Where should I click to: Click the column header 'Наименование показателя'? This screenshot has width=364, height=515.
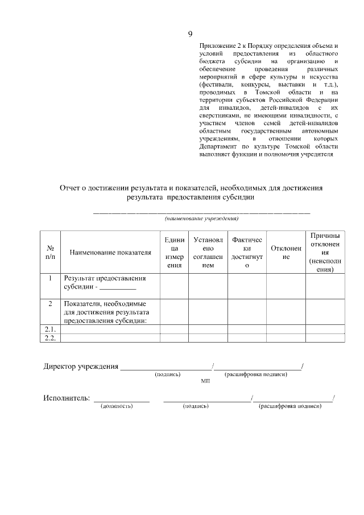coord(110,252)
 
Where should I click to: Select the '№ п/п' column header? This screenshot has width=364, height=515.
coord(50,252)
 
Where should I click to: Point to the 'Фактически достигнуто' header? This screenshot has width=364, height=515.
coord(247,252)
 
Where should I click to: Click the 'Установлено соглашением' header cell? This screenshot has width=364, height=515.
coord(208,252)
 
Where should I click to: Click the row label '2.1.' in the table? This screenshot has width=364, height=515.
coord(50,329)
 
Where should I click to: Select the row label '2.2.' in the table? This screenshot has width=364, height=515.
coord(50,338)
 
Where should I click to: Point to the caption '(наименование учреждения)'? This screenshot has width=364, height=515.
coord(201,218)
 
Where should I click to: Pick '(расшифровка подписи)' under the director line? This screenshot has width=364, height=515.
coord(255,374)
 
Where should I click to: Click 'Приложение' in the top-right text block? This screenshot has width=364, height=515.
coord(217,44)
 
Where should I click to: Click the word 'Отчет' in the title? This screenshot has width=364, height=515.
coord(71,188)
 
